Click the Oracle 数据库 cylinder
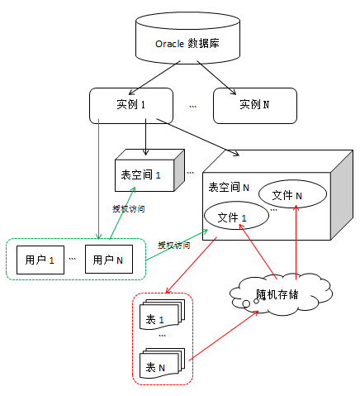pyautogui.click(x=187, y=38)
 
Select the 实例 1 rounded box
pyautogui.click(x=131, y=106)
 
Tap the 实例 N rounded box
pyautogui.click(x=255, y=106)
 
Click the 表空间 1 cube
pyautogui.click(x=149, y=170)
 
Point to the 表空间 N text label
pyautogui.click(x=229, y=188)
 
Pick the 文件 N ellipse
pyautogui.click(x=292, y=194)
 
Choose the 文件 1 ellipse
pyautogui.click(x=236, y=216)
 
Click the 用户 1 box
pyautogui.click(x=40, y=260)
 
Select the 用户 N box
pyautogui.click(x=109, y=260)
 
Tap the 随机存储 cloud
pyautogui.click(x=281, y=294)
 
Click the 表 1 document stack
pyautogui.click(x=162, y=314)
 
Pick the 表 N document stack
pyautogui.click(x=162, y=363)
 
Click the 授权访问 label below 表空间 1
pyautogui.click(x=129, y=209)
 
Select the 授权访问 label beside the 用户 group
pyautogui.click(x=174, y=245)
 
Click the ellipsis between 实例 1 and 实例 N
pyautogui.click(x=192, y=107)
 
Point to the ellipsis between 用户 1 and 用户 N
pyautogui.click(x=72, y=259)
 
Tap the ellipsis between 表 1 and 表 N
pyautogui.click(x=163, y=336)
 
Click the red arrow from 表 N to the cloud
pyautogui.click(x=224, y=336)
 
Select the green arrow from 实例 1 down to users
pyautogui.click(x=99, y=179)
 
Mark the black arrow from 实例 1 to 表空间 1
pyautogui.click(x=145, y=137)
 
